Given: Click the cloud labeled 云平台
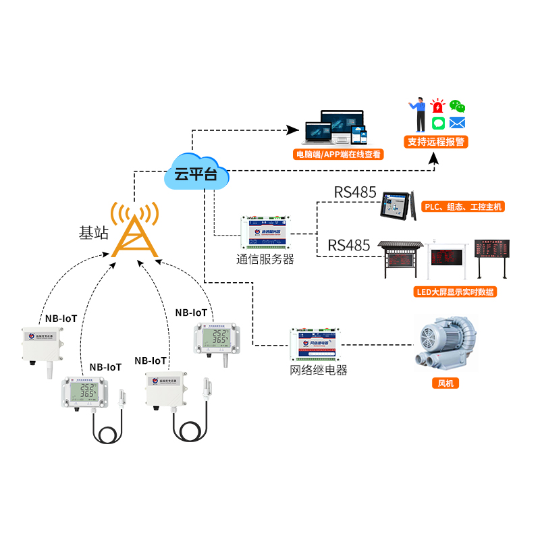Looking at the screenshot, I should click(196, 175).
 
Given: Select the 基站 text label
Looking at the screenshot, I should click(94, 234).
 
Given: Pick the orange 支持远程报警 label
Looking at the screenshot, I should click(437, 142).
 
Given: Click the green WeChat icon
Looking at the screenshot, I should click(458, 106).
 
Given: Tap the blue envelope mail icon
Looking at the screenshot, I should click(458, 123).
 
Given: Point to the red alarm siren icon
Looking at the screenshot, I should click(438, 106).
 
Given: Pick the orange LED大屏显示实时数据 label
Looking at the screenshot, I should click(454, 292).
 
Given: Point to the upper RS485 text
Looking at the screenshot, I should click(355, 193).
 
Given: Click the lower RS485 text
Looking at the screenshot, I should click(349, 245).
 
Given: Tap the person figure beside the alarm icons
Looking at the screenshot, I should click(418, 115).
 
